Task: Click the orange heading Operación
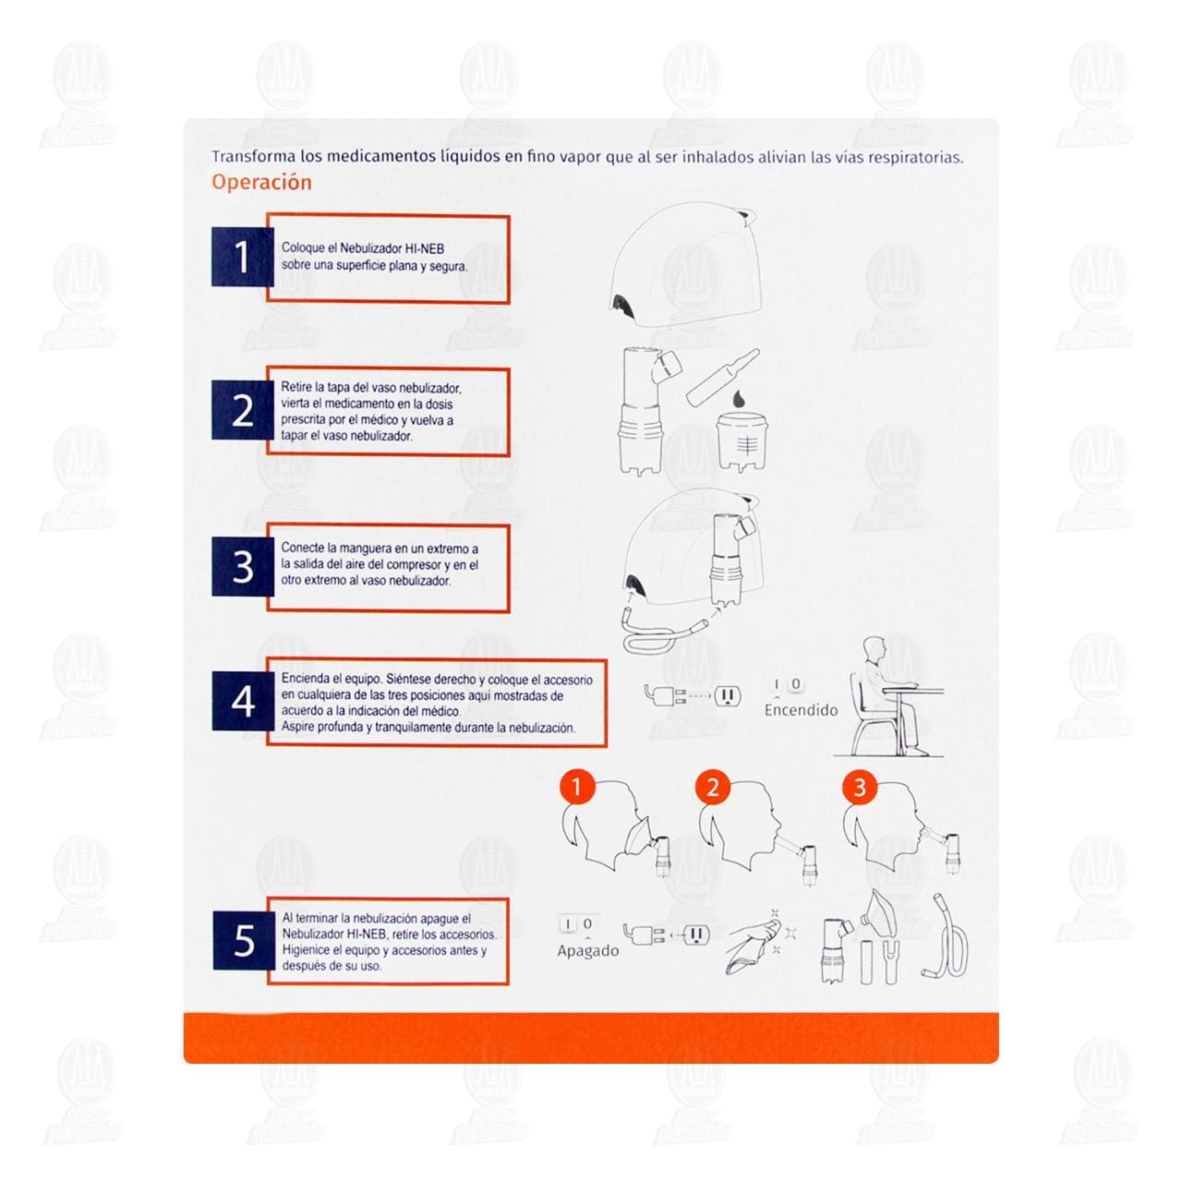261,183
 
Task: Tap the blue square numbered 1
242,257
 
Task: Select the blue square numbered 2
242,410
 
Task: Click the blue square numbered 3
243,566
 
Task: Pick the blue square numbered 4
243,701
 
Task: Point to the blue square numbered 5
244,940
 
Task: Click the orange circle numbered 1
576,788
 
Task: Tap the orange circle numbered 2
712,788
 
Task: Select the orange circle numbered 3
860,788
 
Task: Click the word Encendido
801,710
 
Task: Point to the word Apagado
587,951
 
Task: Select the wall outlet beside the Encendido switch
728,695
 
